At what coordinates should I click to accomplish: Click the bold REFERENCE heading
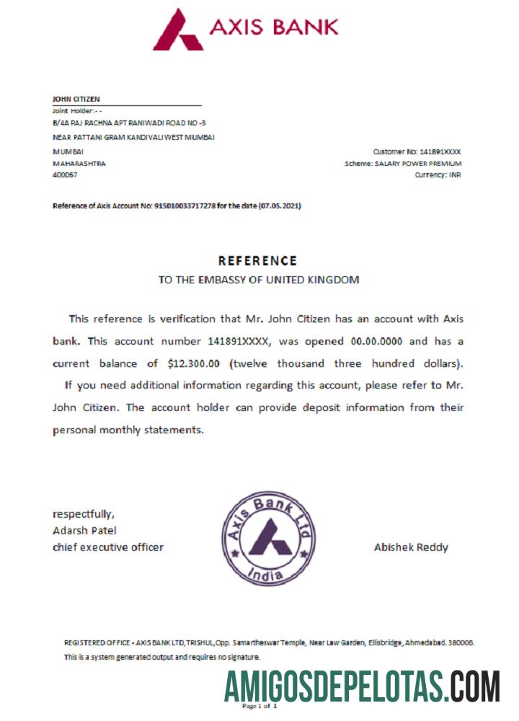point(257,261)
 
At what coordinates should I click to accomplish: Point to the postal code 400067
point(66,175)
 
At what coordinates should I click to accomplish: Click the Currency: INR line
point(438,175)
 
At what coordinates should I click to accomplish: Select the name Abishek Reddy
point(411,547)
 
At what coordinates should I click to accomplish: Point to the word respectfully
point(84,514)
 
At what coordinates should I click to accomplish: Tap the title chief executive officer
point(108,547)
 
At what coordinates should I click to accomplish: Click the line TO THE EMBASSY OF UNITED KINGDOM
point(258,280)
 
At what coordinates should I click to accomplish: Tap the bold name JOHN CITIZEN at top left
point(76,99)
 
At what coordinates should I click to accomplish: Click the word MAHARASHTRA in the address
point(79,164)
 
